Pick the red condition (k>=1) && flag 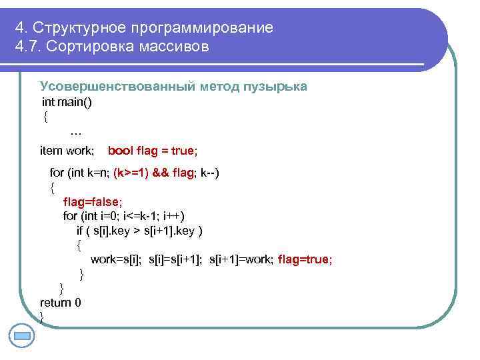(x=153, y=173)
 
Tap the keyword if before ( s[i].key (x=81, y=231)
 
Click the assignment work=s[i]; (x=116, y=259)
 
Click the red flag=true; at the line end (x=305, y=259)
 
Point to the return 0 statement (x=61, y=303)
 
